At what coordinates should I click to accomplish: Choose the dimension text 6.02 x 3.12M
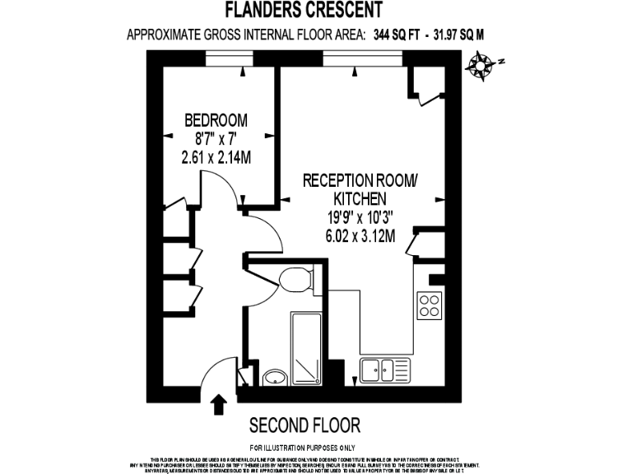360,235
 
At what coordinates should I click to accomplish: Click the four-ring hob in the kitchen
430,305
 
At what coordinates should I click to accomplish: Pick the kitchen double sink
383,371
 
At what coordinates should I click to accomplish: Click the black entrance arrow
219,405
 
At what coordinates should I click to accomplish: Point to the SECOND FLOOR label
305,425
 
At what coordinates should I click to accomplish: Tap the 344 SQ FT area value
396,35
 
